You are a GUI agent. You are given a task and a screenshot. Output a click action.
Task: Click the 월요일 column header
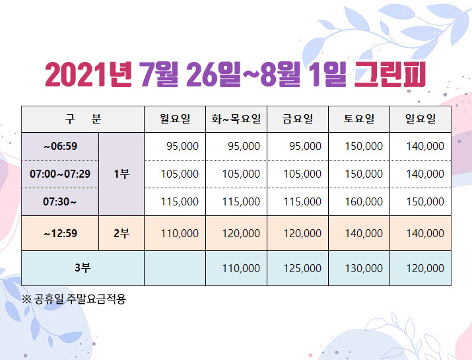tap(175, 119)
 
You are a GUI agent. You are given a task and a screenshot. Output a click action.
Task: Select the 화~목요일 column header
tap(236, 119)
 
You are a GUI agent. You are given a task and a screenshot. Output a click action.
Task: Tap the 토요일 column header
tap(359, 119)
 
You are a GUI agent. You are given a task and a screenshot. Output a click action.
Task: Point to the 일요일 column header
tap(421, 119)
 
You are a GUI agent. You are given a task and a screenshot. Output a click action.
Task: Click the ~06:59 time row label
tap(60, 147)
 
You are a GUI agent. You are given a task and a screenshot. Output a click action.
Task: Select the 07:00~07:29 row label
tap(60, 174)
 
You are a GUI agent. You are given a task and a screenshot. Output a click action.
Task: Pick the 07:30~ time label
tap(59, 201)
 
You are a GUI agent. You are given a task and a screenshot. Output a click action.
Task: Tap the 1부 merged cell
tap(121, 174)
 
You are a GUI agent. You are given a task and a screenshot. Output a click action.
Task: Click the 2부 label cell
tap(121, 233)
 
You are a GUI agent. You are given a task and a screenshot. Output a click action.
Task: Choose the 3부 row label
tap(83, 268)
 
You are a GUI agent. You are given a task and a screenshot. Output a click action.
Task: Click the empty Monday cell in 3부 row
tap(175, 268)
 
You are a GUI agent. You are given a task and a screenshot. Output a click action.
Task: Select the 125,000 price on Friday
tap(302, 268)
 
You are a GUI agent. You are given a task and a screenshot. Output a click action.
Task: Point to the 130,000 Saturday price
tap(364, 268)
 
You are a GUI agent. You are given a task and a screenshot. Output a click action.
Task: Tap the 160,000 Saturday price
tap(364, 201)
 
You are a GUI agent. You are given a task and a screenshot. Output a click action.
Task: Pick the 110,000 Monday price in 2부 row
tap(180, 233)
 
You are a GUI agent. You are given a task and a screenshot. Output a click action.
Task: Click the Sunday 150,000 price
tap(425, 201)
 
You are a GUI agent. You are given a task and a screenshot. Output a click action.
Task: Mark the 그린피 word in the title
tap(390, 74)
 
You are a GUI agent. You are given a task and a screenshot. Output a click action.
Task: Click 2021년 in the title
tap(88, 74)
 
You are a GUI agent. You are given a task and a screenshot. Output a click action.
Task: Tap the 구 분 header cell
tap(83, 119)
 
